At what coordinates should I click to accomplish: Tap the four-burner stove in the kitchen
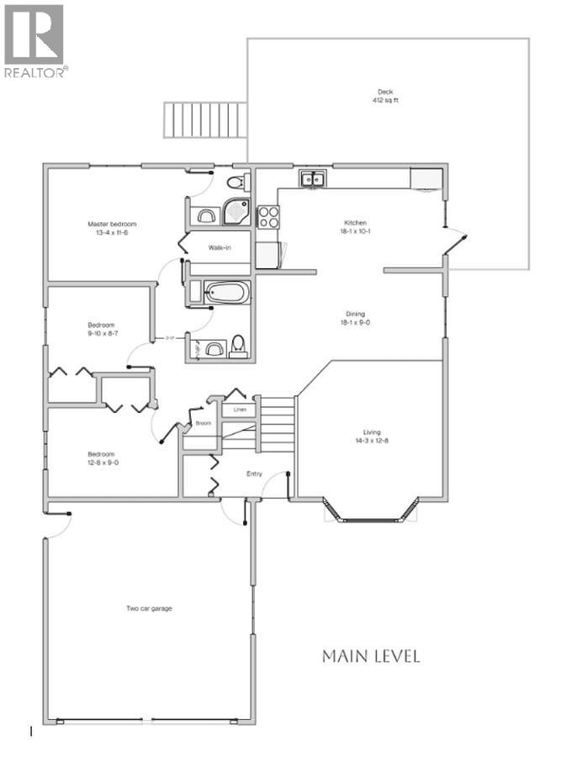[x=267, y=217]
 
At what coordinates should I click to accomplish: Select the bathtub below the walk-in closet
[x=227, y=293]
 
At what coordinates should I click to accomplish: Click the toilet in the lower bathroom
[x=238, y=346]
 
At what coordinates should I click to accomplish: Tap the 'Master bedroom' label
[x=112, y=224]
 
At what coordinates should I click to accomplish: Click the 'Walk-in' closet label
[x=220, y=248]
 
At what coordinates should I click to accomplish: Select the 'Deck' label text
[x=385, y=93]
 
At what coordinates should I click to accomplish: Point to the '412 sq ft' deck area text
[x=385, y=101]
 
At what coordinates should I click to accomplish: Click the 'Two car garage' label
[x=150, y=608]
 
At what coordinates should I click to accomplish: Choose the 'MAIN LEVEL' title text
[x=370, y=656]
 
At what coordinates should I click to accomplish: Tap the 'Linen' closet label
[x=239, y=410]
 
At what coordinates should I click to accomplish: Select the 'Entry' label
[x=254, y=474]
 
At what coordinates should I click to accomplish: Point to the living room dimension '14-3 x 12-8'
[x=371, y=442]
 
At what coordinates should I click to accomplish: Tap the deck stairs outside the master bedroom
[x=206, y=120]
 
